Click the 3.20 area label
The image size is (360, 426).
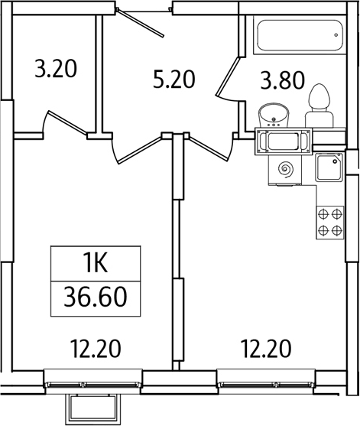pos(56,69)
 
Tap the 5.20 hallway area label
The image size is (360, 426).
pos(174,79)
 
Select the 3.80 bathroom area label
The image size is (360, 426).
pos(283,80)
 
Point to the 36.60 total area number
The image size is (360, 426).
pos(96,298)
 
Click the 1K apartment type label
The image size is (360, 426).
pos(96,263)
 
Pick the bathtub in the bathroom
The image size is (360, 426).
pos(300,34)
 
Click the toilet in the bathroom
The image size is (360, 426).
pos(319,106)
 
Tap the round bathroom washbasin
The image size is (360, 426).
pos(274,116)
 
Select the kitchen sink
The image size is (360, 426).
pos(329,167)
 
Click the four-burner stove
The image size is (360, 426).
pos(330,223)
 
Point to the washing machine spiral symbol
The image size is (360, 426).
pos(286,170)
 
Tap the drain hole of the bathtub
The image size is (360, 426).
pos(336,35)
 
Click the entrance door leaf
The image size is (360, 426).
pos(141,23)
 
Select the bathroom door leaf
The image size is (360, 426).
pos(227,76)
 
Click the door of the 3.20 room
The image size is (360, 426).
pos(67,123)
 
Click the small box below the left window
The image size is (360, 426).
pos(92,409)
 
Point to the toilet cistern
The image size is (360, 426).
pos(319,119)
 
